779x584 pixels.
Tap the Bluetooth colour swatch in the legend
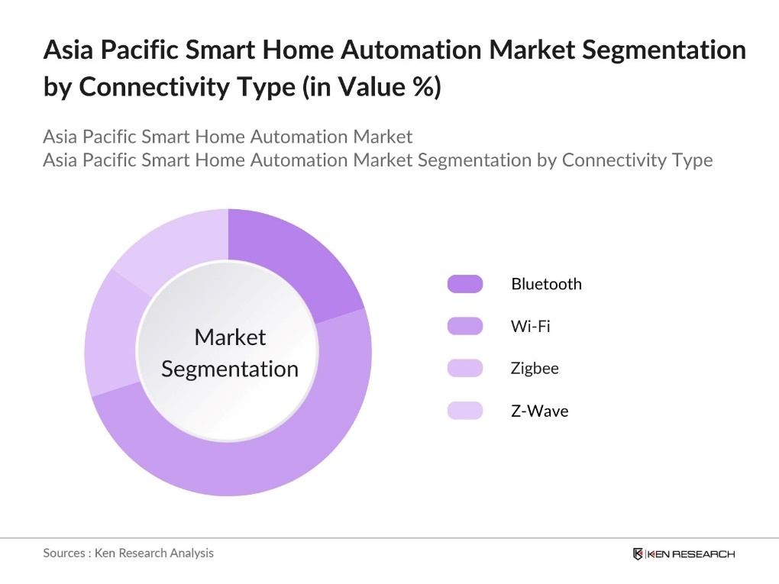464,284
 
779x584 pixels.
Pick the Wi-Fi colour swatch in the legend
464,326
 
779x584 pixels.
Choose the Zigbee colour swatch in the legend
464,368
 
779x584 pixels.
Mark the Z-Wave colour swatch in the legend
464,411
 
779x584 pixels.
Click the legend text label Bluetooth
546,284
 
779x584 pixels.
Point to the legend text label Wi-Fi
530,326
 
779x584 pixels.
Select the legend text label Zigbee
535,368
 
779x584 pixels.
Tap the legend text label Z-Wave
539,411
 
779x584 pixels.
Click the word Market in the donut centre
230,337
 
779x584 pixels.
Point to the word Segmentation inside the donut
230,369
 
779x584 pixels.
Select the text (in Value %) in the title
371,87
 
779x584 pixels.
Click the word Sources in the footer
63,553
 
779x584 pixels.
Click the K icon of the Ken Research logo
638,553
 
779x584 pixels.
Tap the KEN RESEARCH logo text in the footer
690,553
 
